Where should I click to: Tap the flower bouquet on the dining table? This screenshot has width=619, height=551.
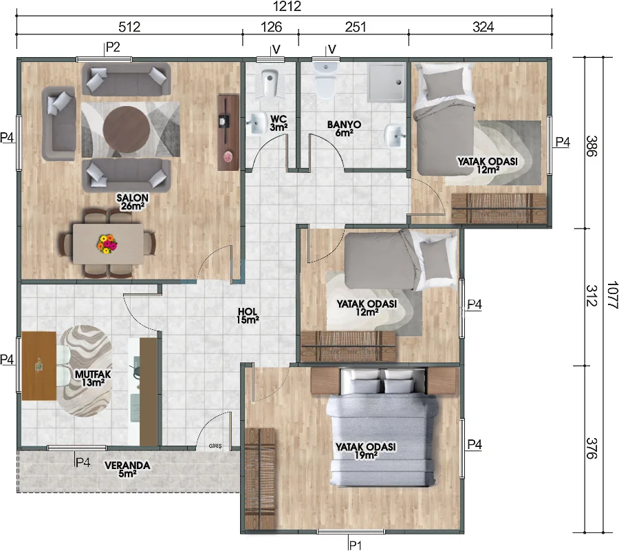click(x=107, y=243)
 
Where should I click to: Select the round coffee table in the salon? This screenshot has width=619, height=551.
click(x=125, y=125)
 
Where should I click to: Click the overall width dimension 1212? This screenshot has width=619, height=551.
click(x=285, y=8)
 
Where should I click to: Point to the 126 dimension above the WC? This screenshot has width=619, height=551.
click(x=270, y=28)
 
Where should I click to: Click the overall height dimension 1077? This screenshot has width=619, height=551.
click(x=611, y=296)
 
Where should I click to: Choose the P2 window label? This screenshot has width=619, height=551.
click(x=113, y=48)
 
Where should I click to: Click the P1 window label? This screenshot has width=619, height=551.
click(x=355, y=545)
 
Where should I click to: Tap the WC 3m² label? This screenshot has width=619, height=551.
click(x=278, y=123)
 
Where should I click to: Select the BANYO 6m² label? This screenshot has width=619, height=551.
click(x=340, y=129)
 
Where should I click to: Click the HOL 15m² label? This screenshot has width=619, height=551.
click(x=248, y=315)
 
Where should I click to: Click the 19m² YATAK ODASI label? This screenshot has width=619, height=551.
click(x=365, y=451)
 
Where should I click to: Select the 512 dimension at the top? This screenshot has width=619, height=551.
click(x=129, y=28)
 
